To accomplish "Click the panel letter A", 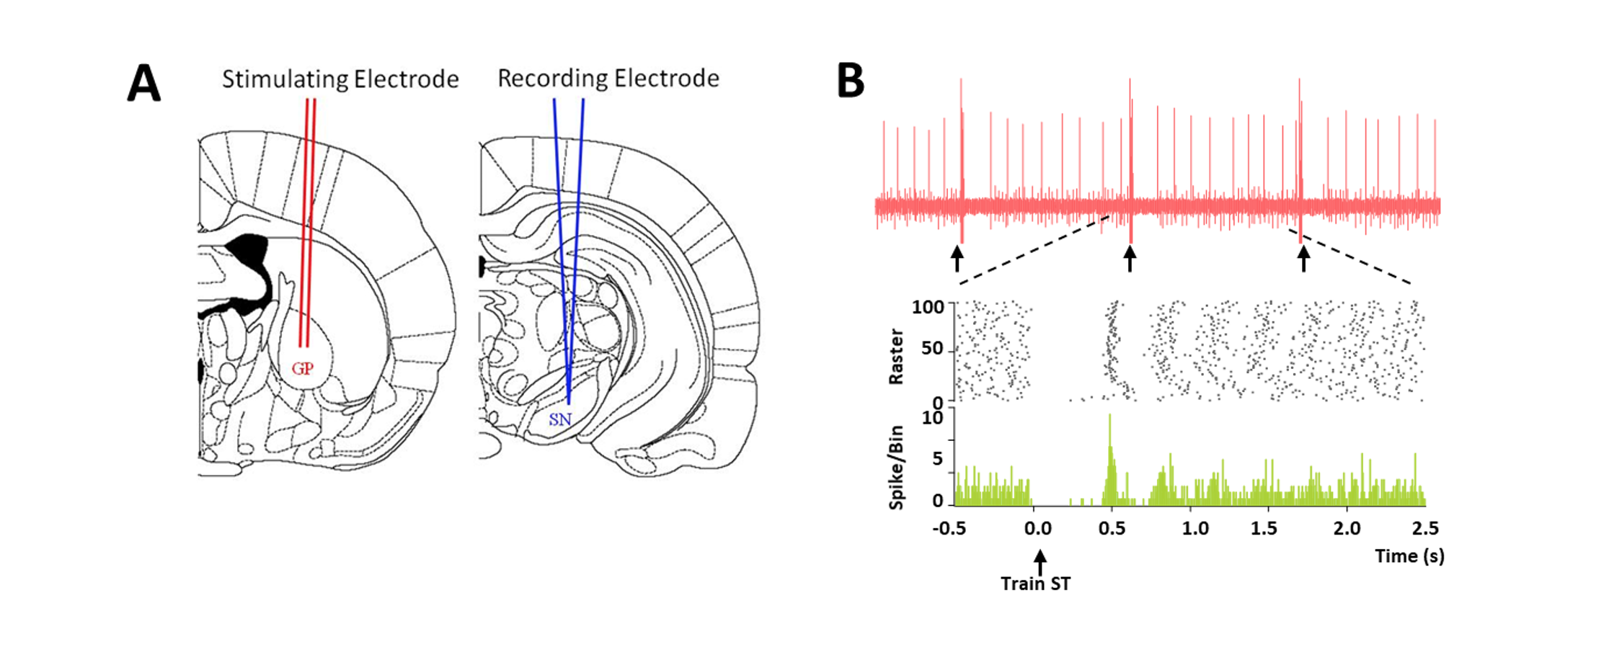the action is [x=144, y=84].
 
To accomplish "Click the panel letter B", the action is [x=851, y=80].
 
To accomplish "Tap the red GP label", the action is [x=303, y=369].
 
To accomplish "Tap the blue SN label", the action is [x=560, y=419].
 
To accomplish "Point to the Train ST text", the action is [x=1036, y=584].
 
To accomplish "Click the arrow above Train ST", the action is [x=1040, y=563].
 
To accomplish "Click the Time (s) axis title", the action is [x=1409, y=556].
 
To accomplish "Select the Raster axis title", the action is [x=896, y=357].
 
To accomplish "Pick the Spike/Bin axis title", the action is [x=896, y=468].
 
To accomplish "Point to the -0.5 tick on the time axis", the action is [x=949, y=529].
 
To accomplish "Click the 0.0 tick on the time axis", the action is [x=1037, y=529].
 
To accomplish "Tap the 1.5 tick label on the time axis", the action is [x=1264, y=529].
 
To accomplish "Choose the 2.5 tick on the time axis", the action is [x=1425, y=529].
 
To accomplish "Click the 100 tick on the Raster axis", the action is [x=928, y=307].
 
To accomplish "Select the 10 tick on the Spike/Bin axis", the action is [x=933, y=417].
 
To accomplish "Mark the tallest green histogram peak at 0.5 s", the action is [x=1110, y=415].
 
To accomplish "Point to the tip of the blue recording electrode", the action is [x=569, y=404].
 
